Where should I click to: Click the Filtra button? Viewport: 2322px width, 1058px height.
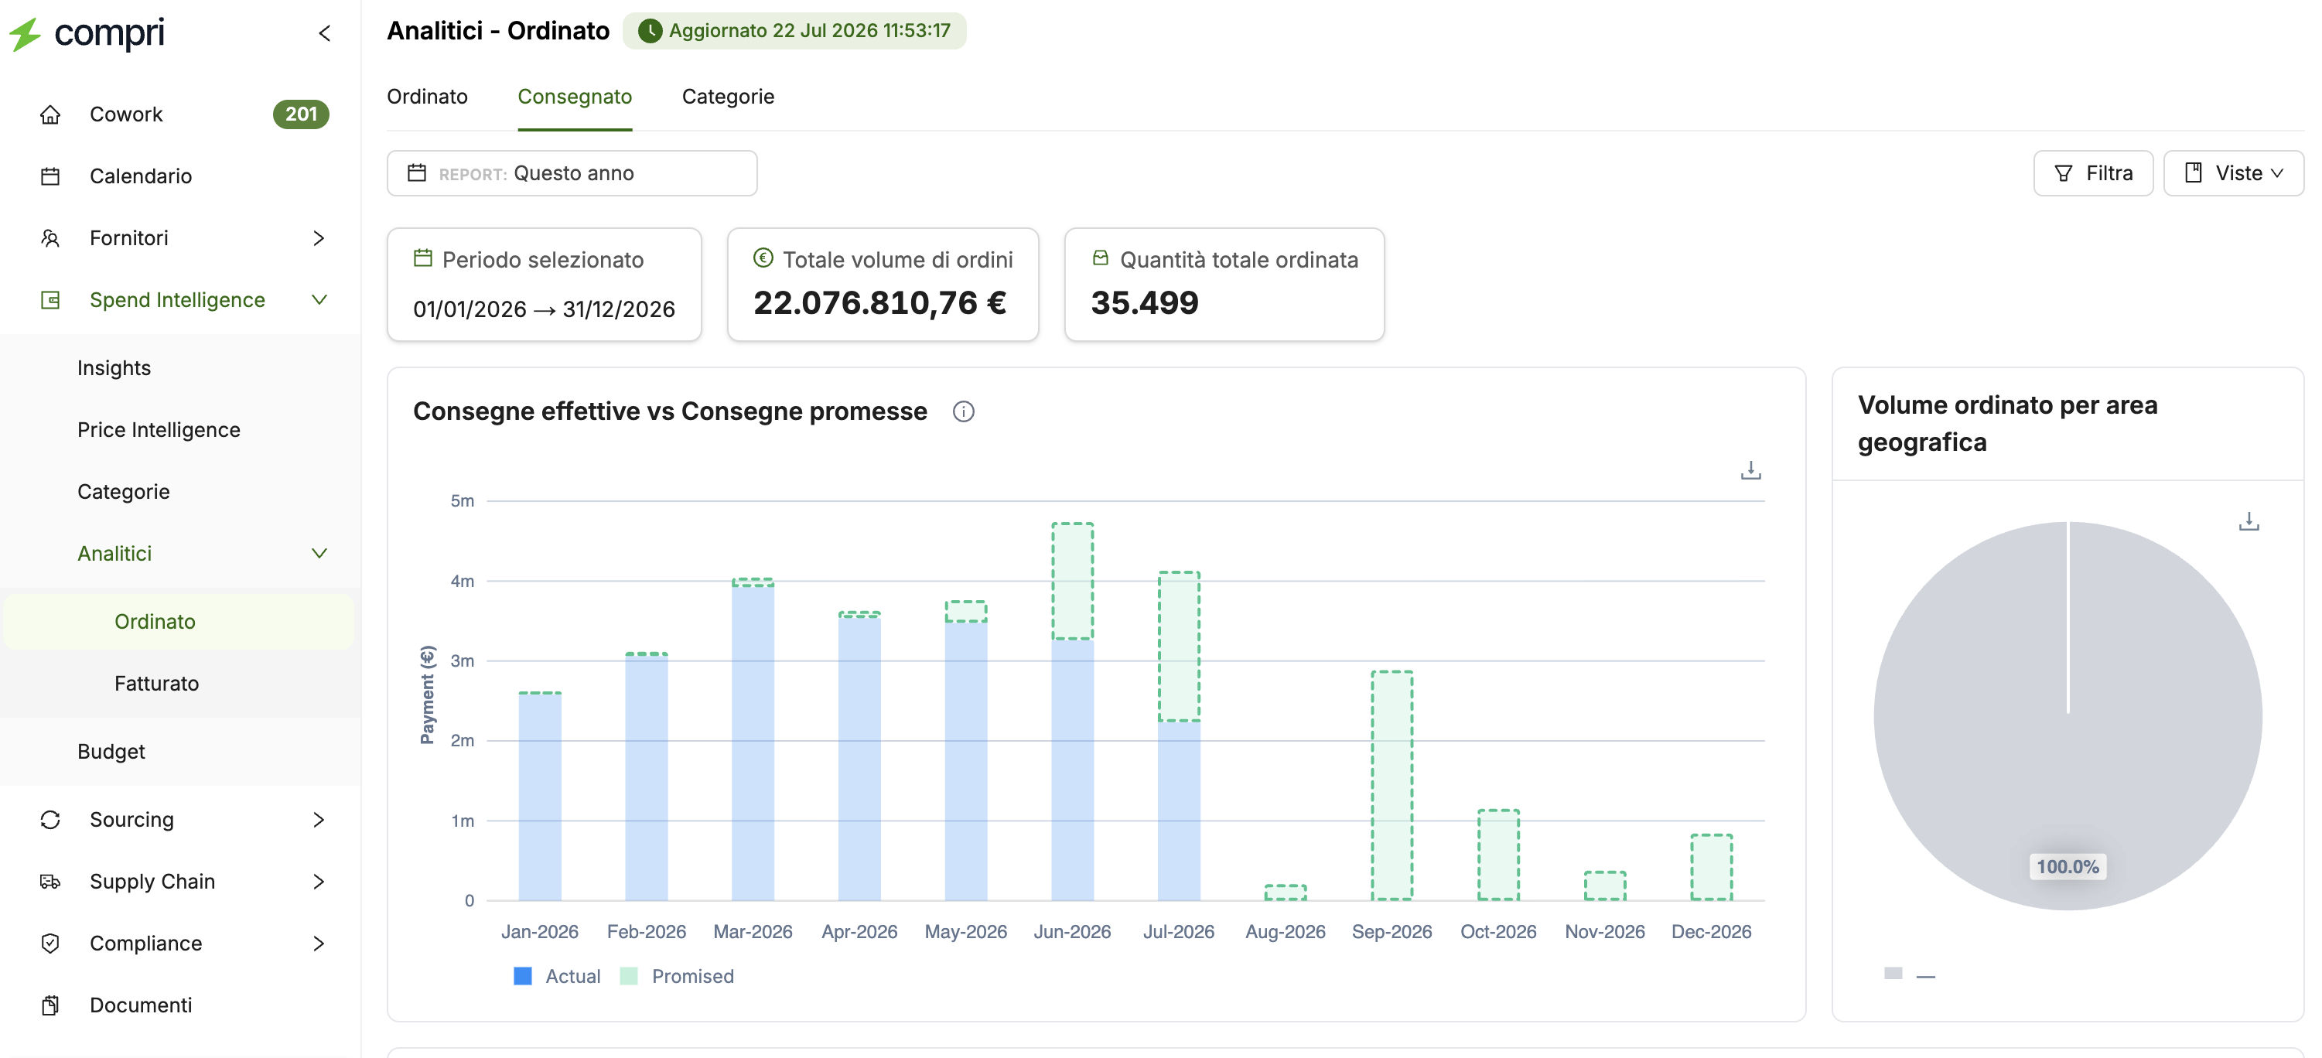[x=2092, y=173]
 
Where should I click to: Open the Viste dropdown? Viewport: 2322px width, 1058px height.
[x=2233, y=173]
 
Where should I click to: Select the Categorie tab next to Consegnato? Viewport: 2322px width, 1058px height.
[x=727, y=97]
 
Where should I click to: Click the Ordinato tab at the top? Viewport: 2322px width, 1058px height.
[x=427, y=97]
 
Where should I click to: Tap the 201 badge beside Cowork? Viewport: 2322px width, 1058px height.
[x=301, y=114]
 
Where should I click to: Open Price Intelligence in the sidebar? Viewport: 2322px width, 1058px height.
[x=159, y=430]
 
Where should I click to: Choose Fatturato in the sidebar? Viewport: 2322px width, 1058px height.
[x=157, y=683]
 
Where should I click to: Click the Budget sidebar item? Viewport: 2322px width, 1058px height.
[x=111, y=752]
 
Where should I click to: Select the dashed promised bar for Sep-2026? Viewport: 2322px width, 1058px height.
[x=1391, y=785]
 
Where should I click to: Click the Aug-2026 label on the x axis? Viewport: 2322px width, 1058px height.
[x=1286, y=932]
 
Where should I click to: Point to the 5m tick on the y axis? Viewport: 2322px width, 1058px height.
[x=463, y=501]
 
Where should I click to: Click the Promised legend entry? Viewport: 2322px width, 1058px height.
[x=677, y=976]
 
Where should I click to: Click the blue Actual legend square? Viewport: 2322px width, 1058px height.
[x=523, y=976]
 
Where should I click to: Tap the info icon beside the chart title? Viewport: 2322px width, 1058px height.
[x=964, y=412]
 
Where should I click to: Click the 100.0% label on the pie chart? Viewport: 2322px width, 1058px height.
[x=2068, y=867]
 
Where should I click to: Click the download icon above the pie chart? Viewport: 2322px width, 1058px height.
[x=2249, y=522]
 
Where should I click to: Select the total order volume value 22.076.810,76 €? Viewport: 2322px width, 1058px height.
[x=879, y=303]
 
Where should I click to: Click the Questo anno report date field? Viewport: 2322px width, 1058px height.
[x=572, y=173]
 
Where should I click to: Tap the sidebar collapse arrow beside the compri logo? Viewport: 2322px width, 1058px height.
[x=325, y=33]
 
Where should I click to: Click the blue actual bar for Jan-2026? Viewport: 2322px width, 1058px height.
[x=540, y=797]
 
